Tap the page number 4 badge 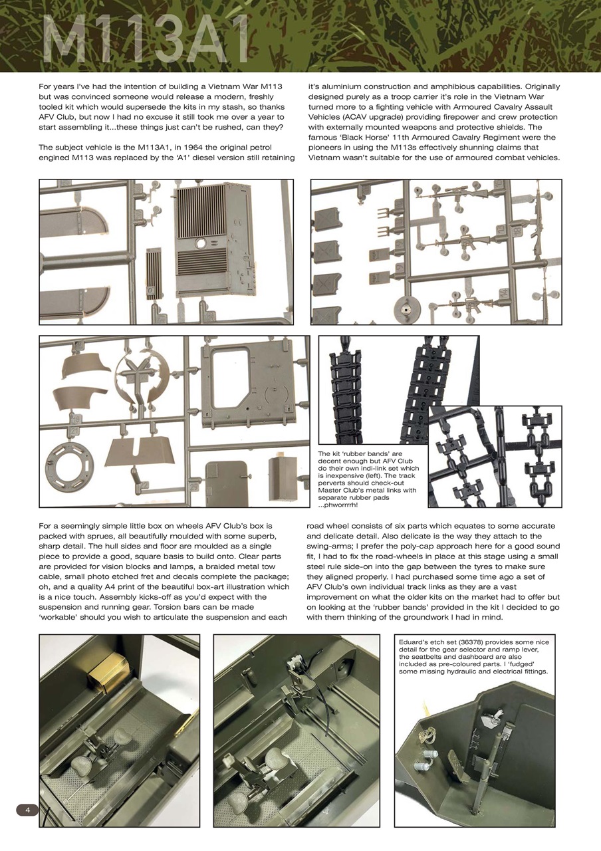pos(27,809)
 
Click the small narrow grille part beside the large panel pos(153,273)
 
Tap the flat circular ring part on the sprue pos(70,461)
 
